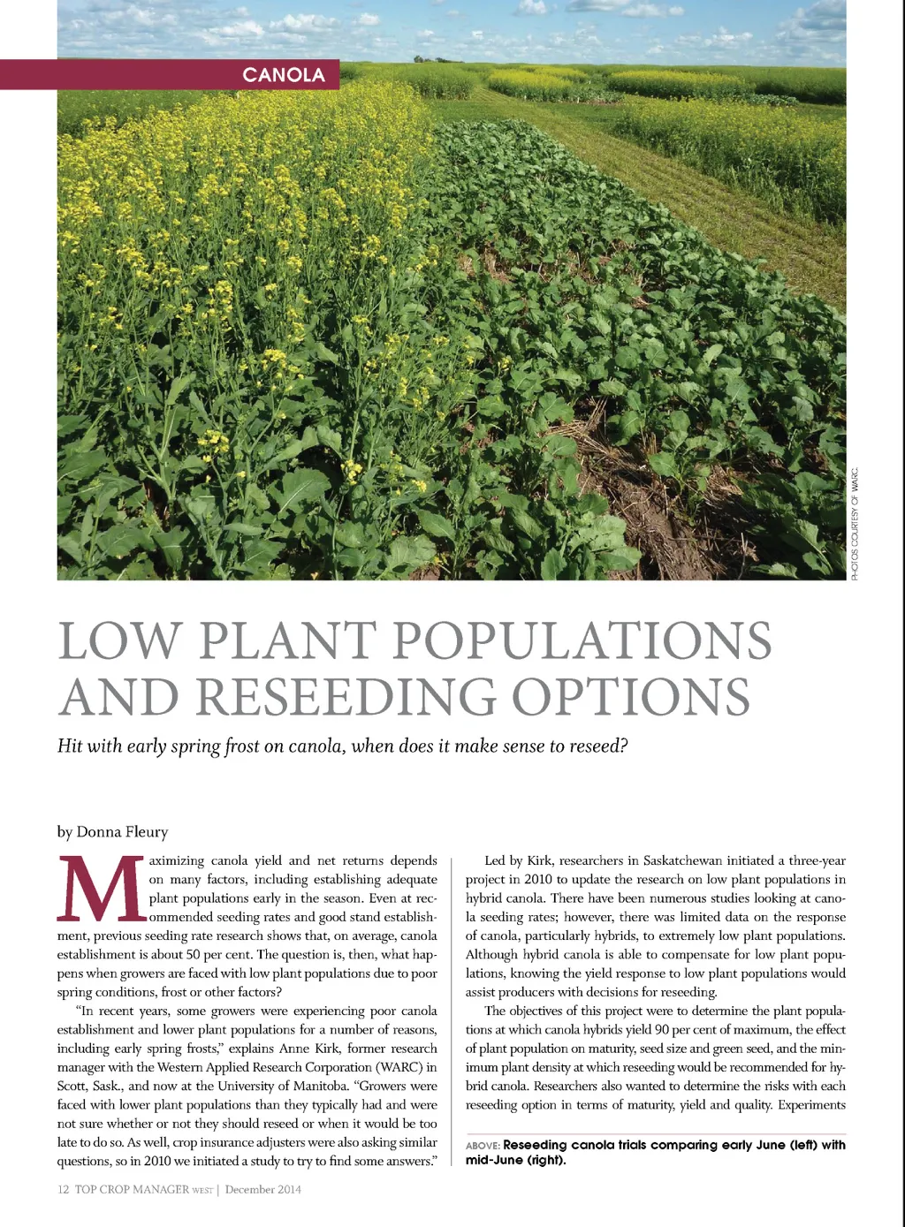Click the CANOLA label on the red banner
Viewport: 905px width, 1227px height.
point(284,75)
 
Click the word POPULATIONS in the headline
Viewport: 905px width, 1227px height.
point(582,640)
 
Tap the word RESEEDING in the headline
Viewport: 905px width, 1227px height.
point(345,697)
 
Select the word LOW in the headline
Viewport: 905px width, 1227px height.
point(120,640)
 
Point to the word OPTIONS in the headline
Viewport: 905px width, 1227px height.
point(631,697)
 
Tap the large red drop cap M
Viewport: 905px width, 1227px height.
point(100,890)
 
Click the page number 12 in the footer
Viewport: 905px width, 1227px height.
point(63,1190)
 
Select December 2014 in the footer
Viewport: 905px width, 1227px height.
point(262,1190)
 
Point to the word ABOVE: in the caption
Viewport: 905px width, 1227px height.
point(483,1146)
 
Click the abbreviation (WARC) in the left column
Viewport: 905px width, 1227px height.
point(395,1067)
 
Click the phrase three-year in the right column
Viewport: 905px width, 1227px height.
point(818,860)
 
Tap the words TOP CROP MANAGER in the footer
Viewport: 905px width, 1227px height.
point(132,1190)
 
